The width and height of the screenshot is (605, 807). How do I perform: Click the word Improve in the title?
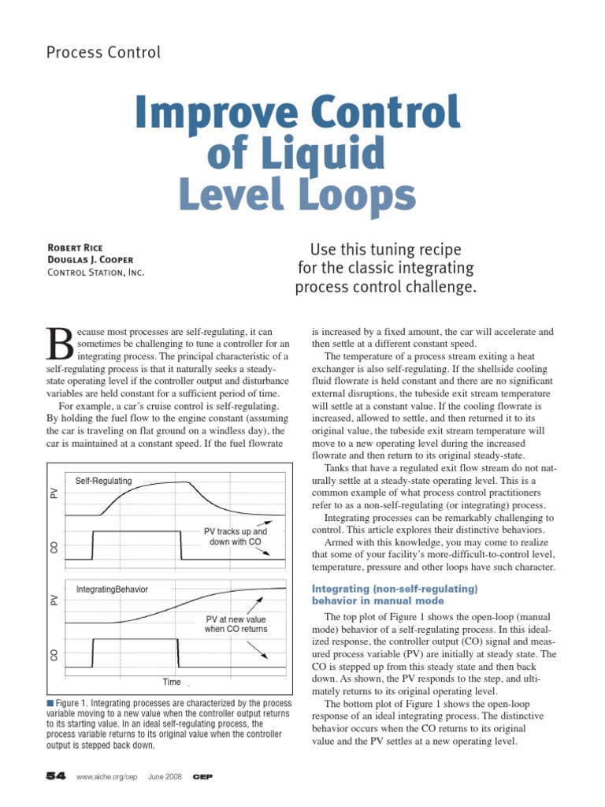coord(210,112)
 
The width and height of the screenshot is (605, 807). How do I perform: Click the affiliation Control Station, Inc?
coord(96,273)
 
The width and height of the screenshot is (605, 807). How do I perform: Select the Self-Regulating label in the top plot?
coord(103,481)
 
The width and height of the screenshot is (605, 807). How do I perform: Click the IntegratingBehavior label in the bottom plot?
coord(112,589)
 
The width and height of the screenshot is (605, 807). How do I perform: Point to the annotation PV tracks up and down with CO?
coord(236,537)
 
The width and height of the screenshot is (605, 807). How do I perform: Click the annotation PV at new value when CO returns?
coord(236,623)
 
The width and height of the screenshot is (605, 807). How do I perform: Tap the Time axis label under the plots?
coord(172,682)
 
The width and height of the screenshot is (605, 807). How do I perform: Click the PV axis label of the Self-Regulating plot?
coord(54,493)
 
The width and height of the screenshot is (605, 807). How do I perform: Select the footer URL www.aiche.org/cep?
coord(107,777)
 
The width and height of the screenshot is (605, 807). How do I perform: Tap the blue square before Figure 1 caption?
coord(50,701)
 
